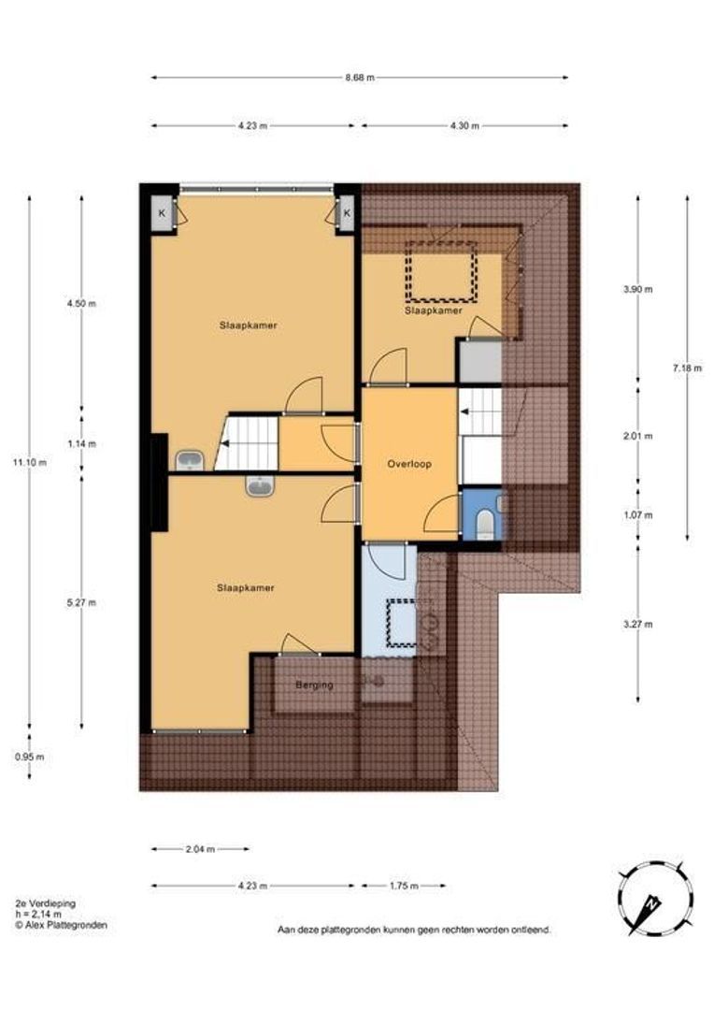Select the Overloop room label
pyautogui.click(x=409, y=463)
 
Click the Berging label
pyautogui.click(x=314, y=685)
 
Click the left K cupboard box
pyautogui.click(x=162, y=214)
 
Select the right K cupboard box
pyautogui.click(x=347, y=214)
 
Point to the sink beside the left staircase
pyautogui.click(x=191, y=459)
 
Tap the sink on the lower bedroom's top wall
pyautogui.click(x=258, y=485)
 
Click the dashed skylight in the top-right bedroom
pyautogui.click(x=441, y=271)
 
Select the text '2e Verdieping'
pyautogui.click(x=46, y=902)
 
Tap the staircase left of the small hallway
pyautogui.click(x=248, y=442)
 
